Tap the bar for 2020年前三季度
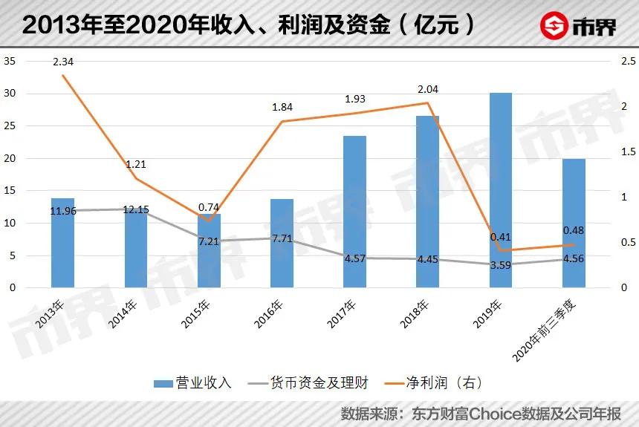(x=573, y=223)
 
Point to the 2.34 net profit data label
(x=63, y=61)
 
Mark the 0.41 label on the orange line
(x=500, y=238)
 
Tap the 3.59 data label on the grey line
(x=500, y=275)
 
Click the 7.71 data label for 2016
(x=282, y=238)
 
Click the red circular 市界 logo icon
(x=551, y=25)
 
